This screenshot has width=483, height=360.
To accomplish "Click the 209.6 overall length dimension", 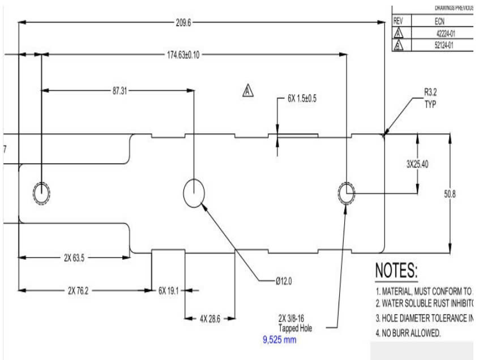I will pyautogui.click(x=183, y=23).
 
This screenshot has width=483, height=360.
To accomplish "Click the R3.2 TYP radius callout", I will pyautogui.click(x=430, y=99).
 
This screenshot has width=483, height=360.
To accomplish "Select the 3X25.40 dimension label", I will pyautogui.click(x=417, y=164).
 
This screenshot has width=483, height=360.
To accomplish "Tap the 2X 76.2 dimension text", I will pyautogui.click(x=78, y=290).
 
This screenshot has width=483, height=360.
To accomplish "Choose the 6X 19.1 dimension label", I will pyautogui.click(x=169, y=290).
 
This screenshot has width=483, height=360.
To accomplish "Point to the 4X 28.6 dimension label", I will pyautogui.click(x=210, y=319).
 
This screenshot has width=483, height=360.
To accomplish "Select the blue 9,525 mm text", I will pyautogui.click(x=279, y=340).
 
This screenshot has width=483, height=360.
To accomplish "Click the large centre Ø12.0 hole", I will pyautogui.click(x=193, y=193).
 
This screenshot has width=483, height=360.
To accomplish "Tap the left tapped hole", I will pyautogui.click(x=41, y=193).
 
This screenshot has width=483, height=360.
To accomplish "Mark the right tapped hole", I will pyautogui.click(x=346, y=193).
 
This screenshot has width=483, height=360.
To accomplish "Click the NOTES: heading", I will pyautogui.click(x=396, y=270).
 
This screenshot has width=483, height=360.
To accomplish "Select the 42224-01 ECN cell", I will pyautogui.click(x=445, y=33).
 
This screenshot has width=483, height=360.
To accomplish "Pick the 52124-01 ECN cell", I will pyautogui.click(x=445, y=46).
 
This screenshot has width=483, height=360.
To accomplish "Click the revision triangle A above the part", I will pyautogui.click(x=248, y=91).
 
